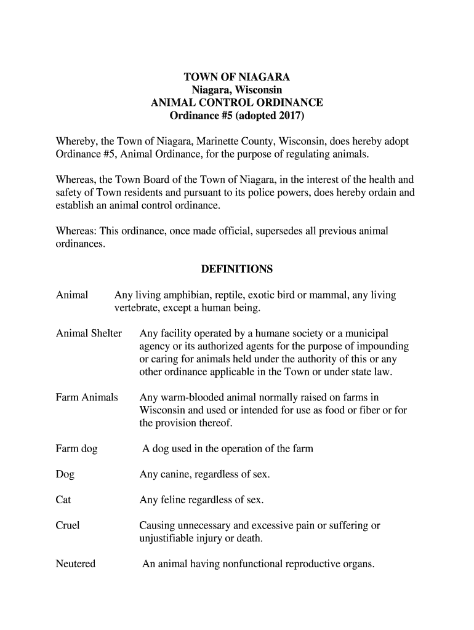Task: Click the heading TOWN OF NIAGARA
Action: (x=237, y=78)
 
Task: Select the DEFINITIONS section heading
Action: (x=237, y=269)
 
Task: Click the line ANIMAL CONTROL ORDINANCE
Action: (x=237, y=103)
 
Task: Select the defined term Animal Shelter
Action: (x=89, y=333)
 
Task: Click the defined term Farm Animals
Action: (x=87, y=397)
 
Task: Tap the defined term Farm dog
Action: (x=76, y=449)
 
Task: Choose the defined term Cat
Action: (x=63, y=500)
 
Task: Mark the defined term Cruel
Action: (x=68, y=526)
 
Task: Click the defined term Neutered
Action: (x=76, y=564)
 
